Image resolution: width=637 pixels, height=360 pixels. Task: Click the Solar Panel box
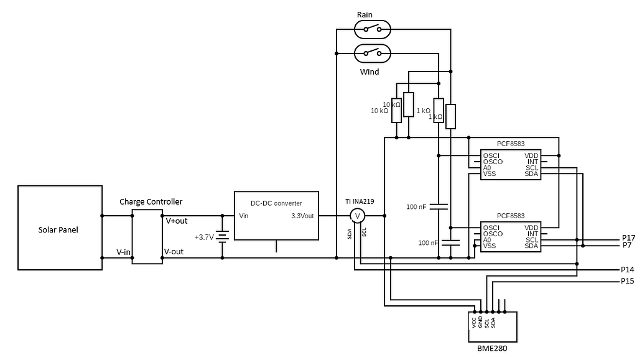click(60, 228)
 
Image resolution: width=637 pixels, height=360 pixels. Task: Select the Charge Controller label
click(151, 201)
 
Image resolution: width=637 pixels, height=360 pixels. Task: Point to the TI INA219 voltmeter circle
click(357, 216)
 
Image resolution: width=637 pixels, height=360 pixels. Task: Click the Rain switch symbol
click(373, 29)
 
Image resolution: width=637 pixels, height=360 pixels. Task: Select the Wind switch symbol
click(373, 53)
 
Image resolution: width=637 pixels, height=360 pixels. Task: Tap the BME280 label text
click(492, 349)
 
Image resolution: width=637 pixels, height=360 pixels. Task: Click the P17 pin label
click(628, 238)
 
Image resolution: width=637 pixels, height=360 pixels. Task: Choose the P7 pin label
click(627, 246)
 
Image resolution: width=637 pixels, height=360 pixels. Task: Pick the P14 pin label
click(628, 270)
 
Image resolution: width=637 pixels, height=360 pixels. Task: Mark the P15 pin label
click(628, 282)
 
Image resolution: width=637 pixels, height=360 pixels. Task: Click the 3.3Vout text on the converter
click(303, 216)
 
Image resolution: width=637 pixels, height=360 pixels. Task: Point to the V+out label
click(176, 221)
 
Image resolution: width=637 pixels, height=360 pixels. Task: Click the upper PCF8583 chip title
click(510, 144)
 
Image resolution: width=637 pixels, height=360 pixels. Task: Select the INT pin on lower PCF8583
click(532, 234)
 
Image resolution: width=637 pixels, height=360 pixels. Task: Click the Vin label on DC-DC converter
click(244, 216)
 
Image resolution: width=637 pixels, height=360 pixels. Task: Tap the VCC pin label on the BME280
click(474, 323)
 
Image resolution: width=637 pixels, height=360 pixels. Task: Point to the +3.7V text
click(204, 238)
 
